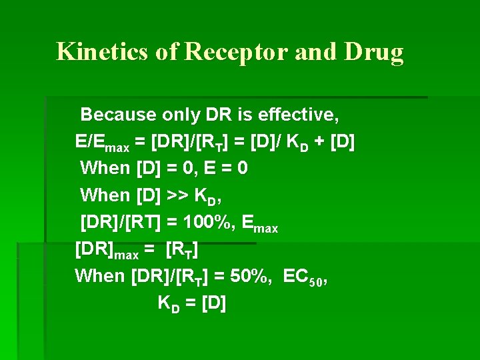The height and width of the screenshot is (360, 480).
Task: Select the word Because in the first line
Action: (x=119, y=115)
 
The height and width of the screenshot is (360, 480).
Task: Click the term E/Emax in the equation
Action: (x=101, y=143)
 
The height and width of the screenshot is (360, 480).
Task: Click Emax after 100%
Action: (x=256, y=223)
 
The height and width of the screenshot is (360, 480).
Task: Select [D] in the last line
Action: (x=213, y=303)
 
